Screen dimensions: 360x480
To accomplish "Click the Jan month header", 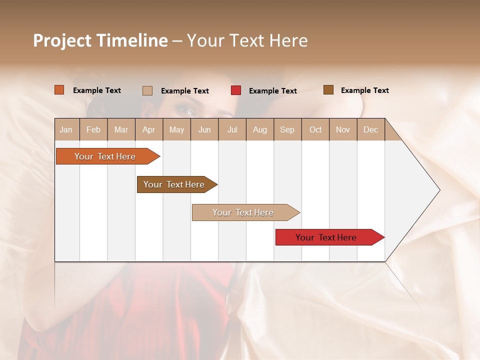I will click(x=66, y=129).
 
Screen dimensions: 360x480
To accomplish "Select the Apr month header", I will click(x=148, y=129).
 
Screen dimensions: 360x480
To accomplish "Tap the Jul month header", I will click(x=232, y=129).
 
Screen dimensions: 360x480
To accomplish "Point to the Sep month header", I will click(x=287, y=129).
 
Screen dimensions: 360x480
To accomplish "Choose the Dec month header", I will click(x=370, y=129).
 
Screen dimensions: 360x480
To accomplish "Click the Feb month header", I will click(x=93, y=129).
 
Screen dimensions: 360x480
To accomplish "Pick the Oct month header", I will click(x=315, y=129).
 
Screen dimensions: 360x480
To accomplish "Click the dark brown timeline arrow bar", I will click(x=175, y=184).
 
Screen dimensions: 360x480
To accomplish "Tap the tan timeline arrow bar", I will click(x=243, y=212).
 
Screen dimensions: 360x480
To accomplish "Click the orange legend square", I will click(x=59, y=90).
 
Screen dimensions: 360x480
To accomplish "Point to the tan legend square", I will click(x=147, y=90).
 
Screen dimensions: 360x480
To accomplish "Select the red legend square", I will click(x=236, y=90).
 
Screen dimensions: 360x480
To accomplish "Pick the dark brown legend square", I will click(x=328, y=90).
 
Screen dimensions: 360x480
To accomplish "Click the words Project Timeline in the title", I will click(x=100, y=40).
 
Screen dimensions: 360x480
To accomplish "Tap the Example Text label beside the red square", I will click(x=273, y=91).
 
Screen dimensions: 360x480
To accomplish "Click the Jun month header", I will click(x=204, y=129).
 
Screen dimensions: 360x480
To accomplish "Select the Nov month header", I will click(x=343, y=129).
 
